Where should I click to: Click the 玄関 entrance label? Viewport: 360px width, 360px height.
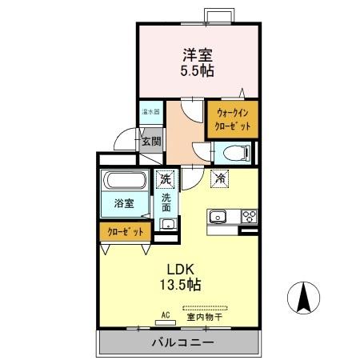click(151, 142)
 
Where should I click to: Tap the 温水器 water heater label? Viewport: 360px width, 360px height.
click(150, 111)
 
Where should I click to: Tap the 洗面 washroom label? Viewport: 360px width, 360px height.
click(166, 202)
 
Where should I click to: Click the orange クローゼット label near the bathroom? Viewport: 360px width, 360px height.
click(125, 231)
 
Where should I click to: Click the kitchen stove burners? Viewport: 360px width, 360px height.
click(248, 216)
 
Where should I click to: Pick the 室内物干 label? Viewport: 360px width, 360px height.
click(204, 317)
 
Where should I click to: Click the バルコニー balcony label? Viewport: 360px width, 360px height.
click(182, 343)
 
